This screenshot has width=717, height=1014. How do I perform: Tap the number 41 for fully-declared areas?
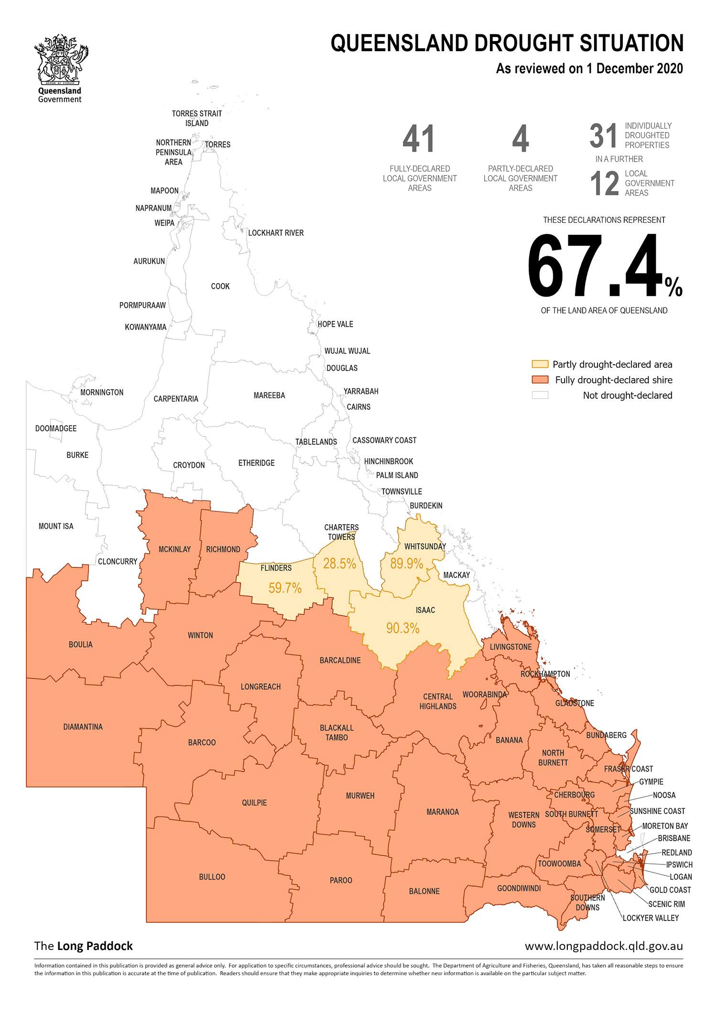tap(419, 139)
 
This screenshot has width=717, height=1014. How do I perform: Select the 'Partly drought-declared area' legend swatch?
tap(540, 364)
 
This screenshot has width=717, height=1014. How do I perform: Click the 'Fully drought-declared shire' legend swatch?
tap(540, 380)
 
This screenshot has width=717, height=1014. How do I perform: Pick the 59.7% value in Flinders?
tap(285, 588)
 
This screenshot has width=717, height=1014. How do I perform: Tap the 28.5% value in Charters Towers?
tap(339, 564)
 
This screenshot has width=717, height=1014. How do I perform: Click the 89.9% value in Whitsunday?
tap(407, 564)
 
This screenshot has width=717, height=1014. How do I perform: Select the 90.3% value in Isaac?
tap(402, 628)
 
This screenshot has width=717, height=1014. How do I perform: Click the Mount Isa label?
tap(56, 526)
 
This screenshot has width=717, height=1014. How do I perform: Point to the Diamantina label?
tap(83, 727)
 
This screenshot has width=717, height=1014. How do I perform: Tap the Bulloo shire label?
tap(212, 877)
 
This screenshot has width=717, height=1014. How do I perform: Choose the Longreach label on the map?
tap(261, 687)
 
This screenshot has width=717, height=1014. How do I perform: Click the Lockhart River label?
tap(276, 233)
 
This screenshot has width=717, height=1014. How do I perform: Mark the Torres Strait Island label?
tap(197, 118)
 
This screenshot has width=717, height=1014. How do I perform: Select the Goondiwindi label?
tap(519, 888)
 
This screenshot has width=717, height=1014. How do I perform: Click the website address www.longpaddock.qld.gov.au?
tap(604, 946)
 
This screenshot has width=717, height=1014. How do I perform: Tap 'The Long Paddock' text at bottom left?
tap(84, 946)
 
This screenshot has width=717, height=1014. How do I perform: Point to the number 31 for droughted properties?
tap(603, 136)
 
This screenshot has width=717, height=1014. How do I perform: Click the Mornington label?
tap(102, 393)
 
